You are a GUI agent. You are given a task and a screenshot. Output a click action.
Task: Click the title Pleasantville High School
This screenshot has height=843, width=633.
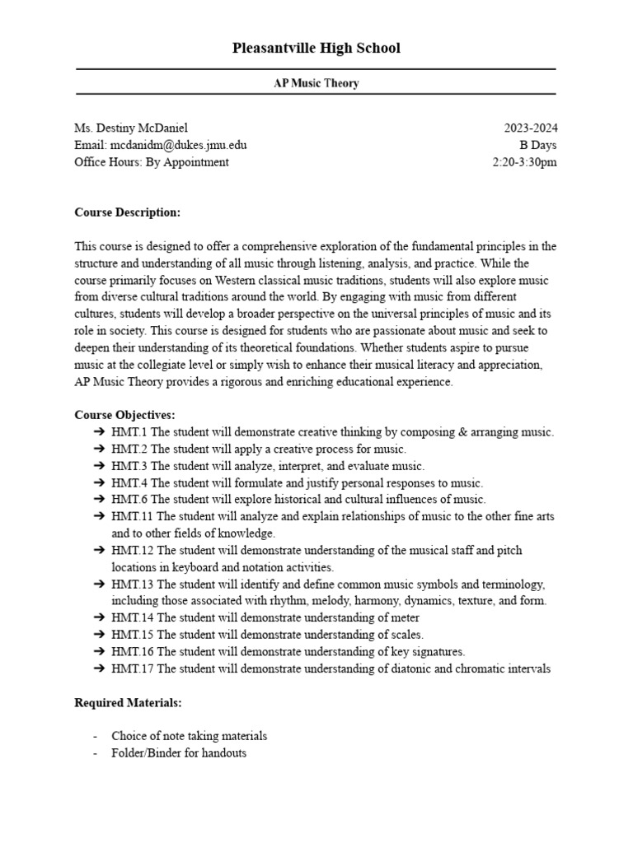[316, 49]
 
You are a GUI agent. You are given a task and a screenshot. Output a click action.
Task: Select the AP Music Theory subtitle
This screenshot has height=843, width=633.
[316, 83]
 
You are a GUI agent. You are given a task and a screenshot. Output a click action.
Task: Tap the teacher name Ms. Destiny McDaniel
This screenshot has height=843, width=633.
[131, 128]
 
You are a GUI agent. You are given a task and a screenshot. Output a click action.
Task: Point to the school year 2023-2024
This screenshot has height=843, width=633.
[531, 128]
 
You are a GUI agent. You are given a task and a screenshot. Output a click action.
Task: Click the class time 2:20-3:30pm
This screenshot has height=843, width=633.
[525, 162]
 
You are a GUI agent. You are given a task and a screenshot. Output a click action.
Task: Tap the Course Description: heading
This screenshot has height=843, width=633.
[127, 212]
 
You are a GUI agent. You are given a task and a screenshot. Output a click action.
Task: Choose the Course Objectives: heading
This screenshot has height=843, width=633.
[124, 415]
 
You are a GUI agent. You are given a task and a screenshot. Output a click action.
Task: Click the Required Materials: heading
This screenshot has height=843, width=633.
[128, 703]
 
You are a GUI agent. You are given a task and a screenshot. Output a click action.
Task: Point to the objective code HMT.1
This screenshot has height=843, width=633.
[129, 432]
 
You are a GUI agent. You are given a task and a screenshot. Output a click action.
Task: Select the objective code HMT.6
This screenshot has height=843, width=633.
[129, 500]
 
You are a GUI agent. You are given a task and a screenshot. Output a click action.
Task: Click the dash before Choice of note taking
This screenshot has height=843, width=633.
[96, 736]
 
